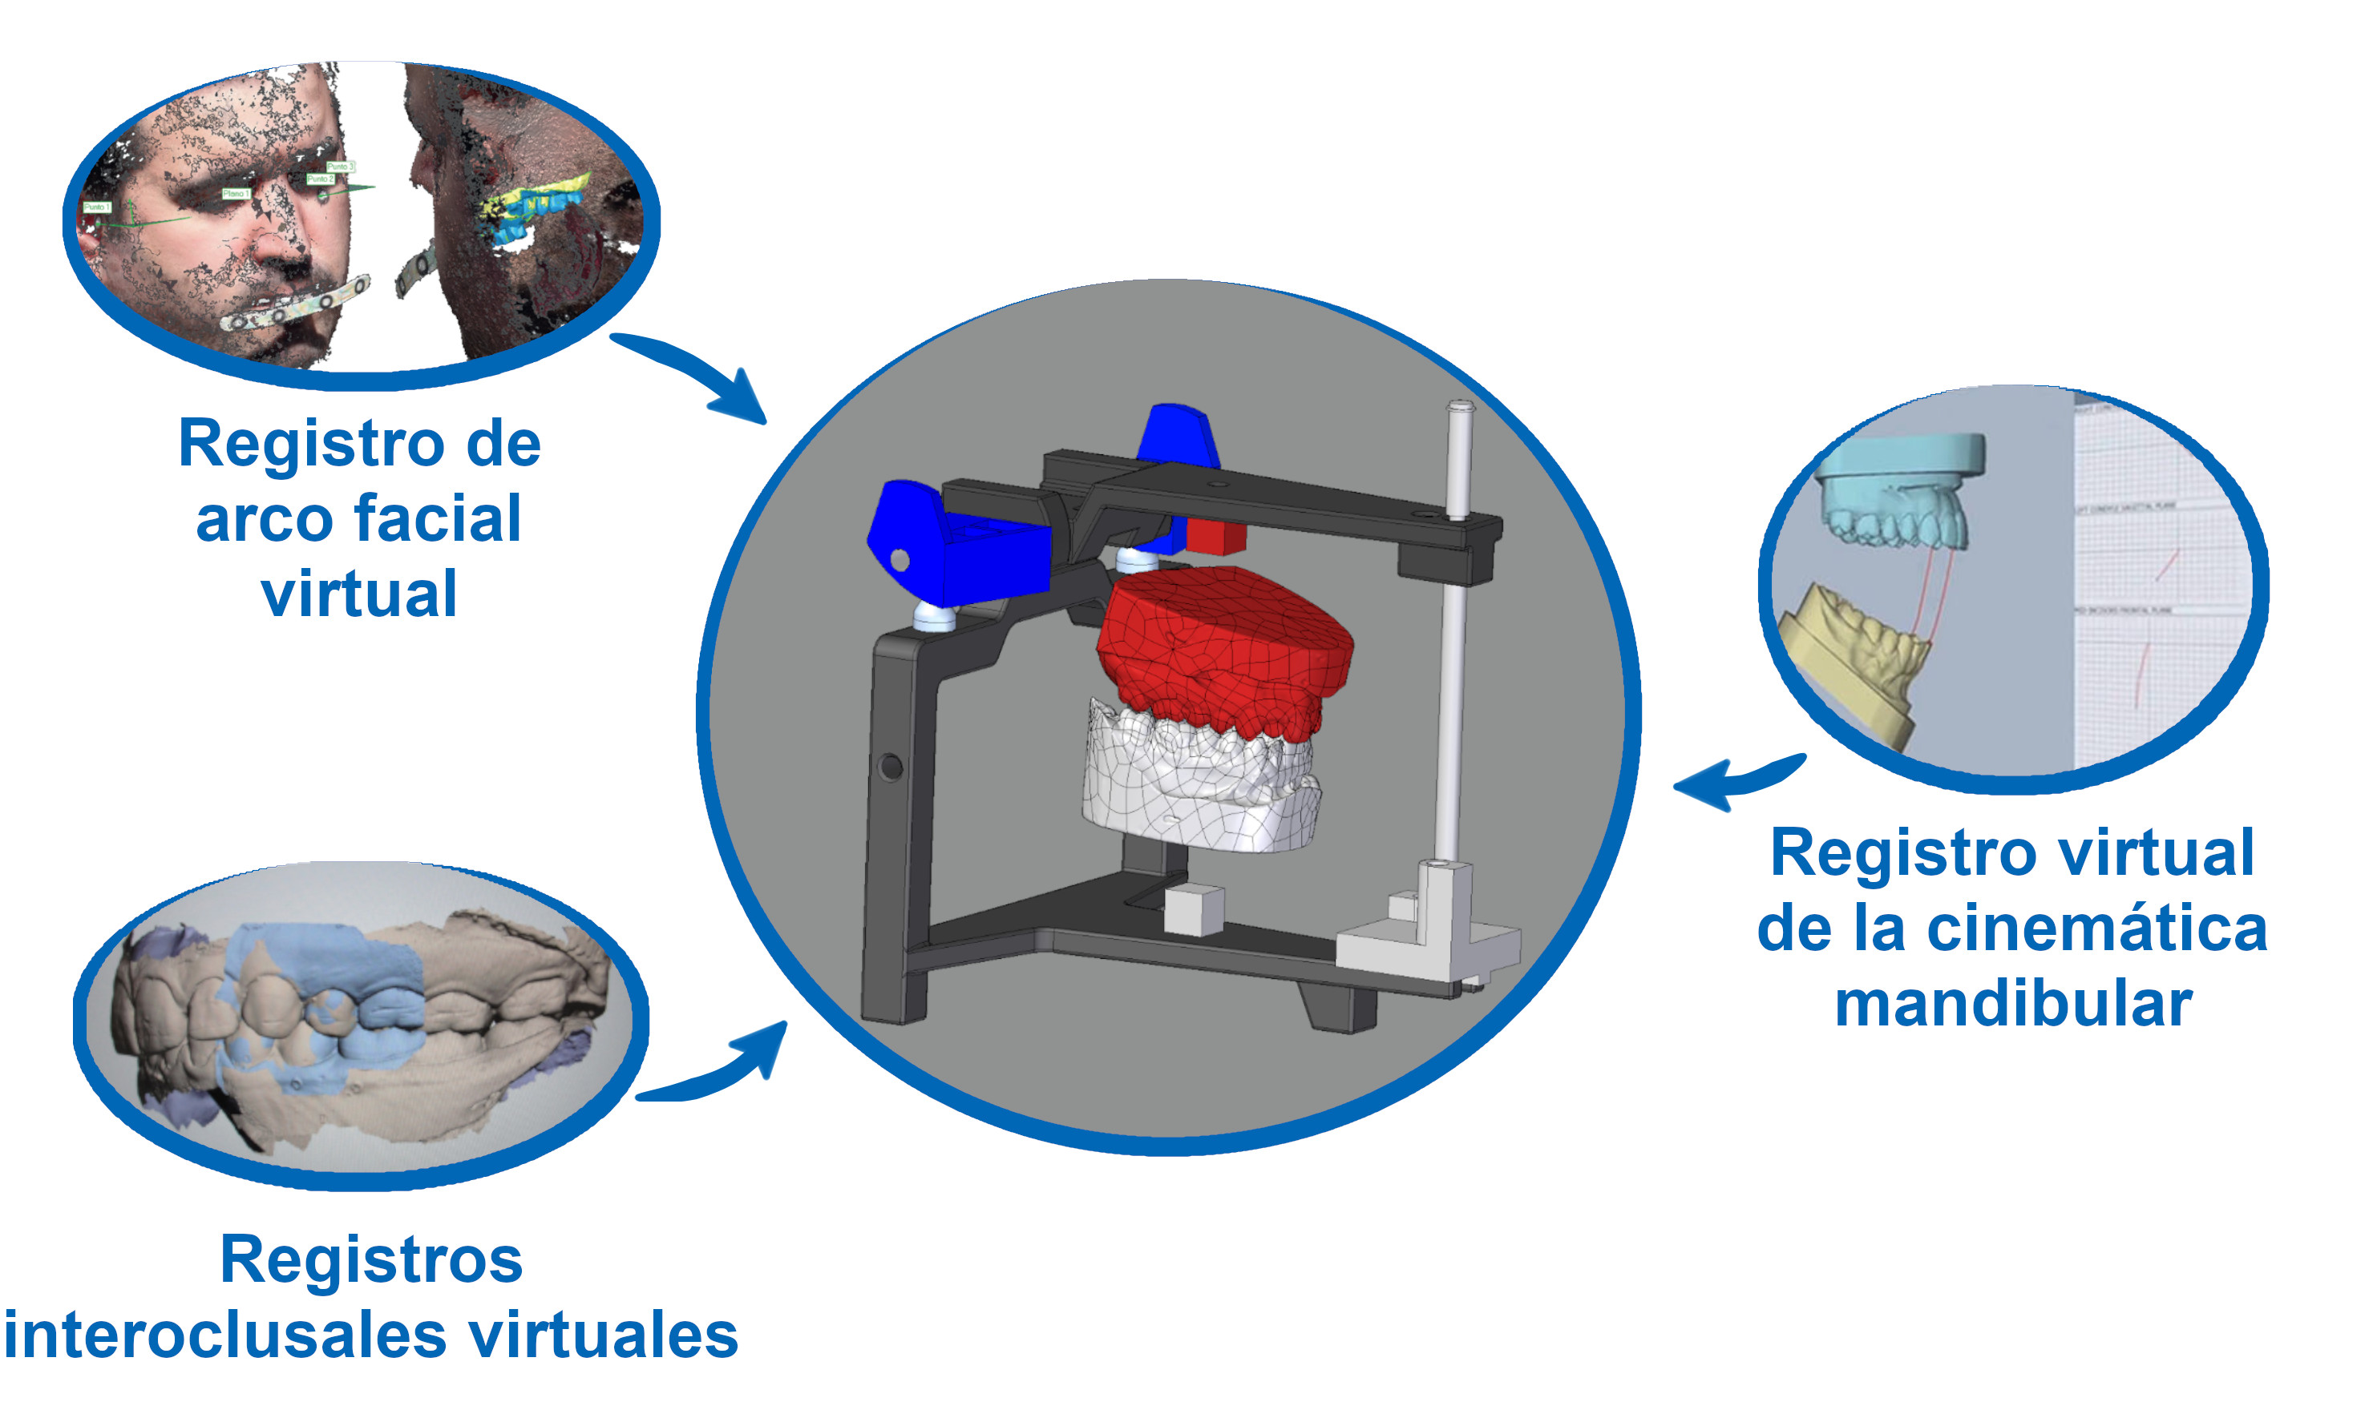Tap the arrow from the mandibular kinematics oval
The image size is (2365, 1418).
coord(1730,779)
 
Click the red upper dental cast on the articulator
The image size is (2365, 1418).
coord(1223,650)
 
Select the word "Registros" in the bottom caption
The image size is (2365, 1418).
coord(371,1259)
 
